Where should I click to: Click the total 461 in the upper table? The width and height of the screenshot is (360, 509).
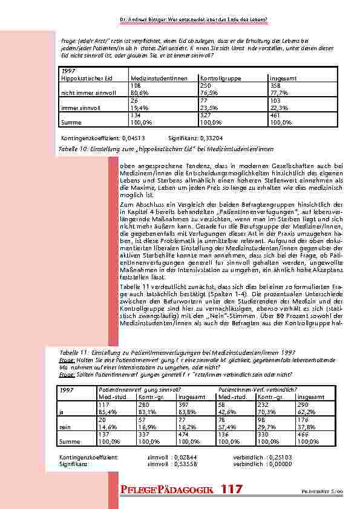coord(276,115)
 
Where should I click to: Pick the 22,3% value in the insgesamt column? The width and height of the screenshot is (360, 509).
coord(278,107)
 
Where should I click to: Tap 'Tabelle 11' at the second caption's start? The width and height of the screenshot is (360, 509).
coord(73,352)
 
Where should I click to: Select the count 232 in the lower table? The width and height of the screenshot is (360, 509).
coord(264,405)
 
